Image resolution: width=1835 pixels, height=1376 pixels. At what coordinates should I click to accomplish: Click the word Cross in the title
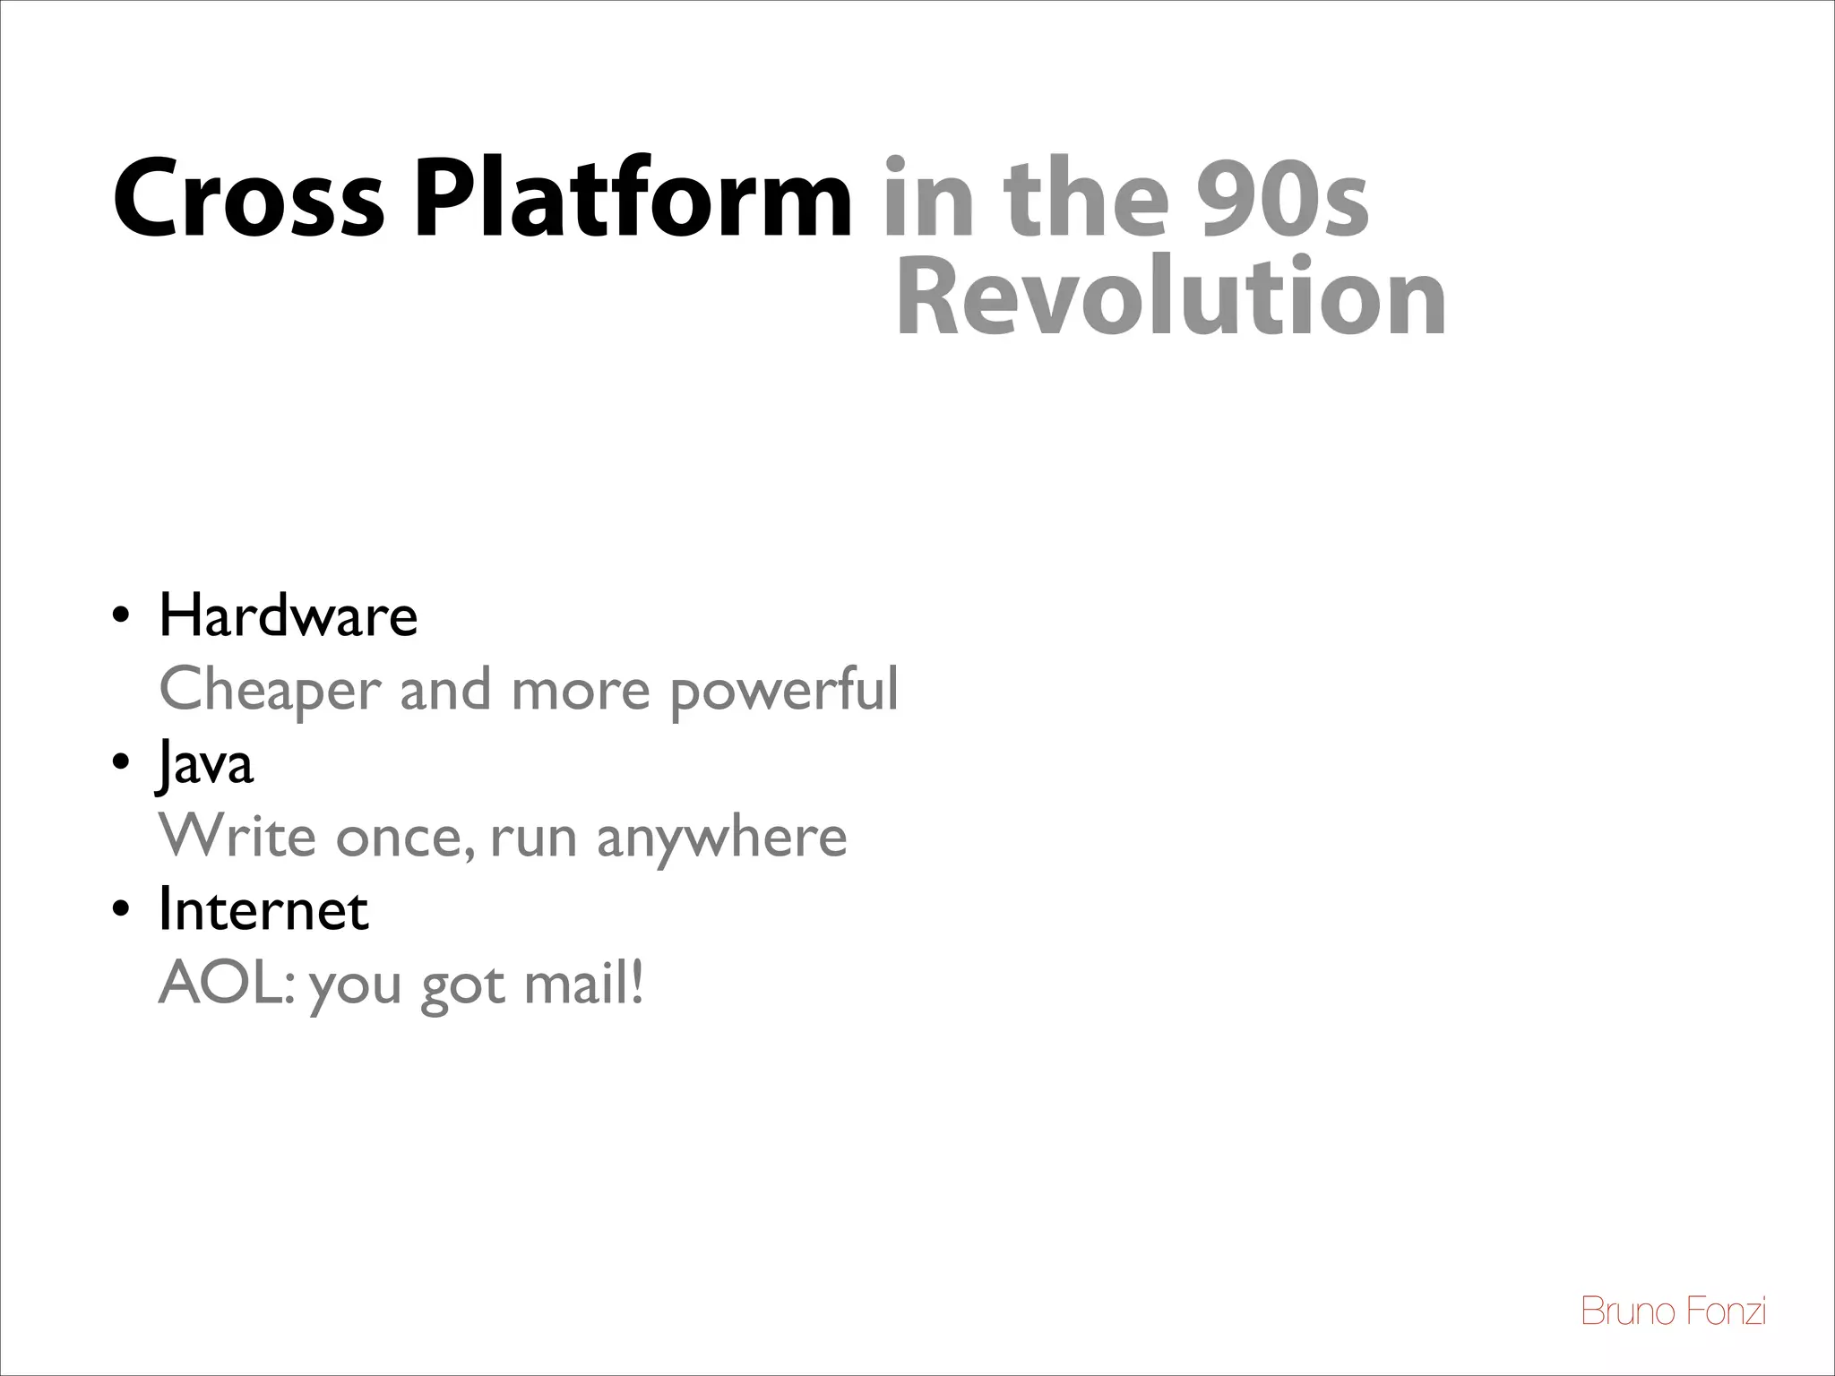(x=247, y=199)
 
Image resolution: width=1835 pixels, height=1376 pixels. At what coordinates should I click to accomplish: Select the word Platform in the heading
(x=633, y=199)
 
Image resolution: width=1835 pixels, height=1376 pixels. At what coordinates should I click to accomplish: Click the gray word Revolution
(x=1170, y=297)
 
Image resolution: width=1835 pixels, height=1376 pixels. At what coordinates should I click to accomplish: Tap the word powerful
(x=784, y=691)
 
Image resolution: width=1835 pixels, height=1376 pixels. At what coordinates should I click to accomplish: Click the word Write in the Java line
(x=237, y=837)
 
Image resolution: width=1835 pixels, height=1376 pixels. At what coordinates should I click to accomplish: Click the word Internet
(x=263, y=910)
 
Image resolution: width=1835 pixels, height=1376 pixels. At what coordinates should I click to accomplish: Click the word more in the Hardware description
(x=580, y=691)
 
